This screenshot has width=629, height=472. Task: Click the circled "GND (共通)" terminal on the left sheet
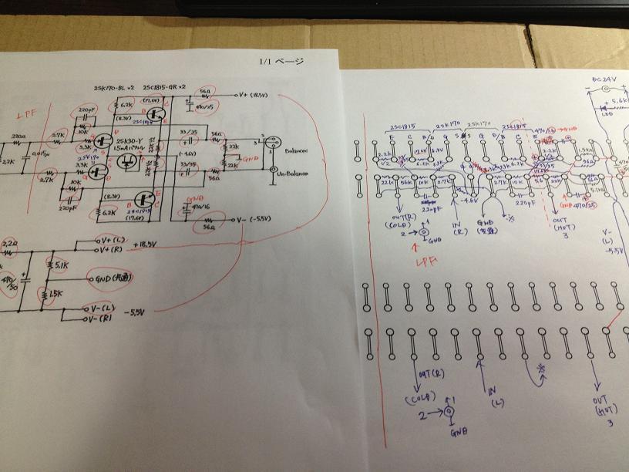pyautogui.click(x=116, y=278)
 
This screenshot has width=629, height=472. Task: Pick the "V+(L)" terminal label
pyautogui.click(x=109, y=240)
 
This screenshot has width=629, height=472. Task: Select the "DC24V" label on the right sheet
pyautogui.click(x=602, y=79)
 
